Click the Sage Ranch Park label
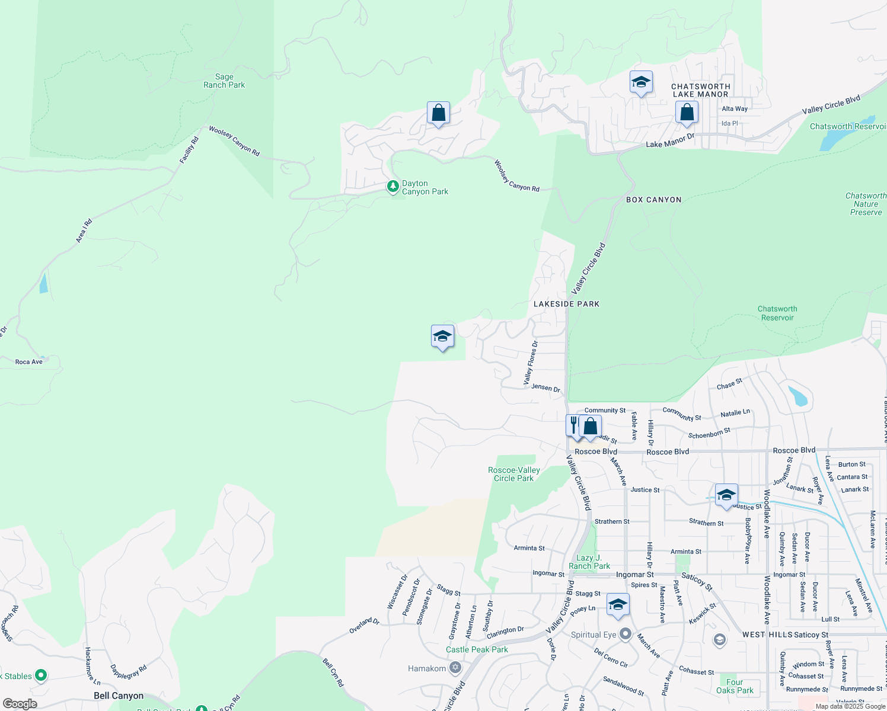pos(224,81)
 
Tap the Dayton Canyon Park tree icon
pos(393,187)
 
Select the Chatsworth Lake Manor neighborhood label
pos(700,91)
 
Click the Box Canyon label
pos(653,200)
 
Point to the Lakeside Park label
pos(566,304)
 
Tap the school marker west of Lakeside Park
pos(442,337)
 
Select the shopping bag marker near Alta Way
pos(687,112)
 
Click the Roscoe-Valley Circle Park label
pos(513,474)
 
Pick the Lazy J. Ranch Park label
pos(589,562)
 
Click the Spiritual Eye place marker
pos(626,635)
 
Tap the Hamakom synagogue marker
pos(455,668)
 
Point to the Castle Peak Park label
pos(477,650)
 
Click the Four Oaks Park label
pos(735,686)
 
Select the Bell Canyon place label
pos(119,696)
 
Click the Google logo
pos(20,704)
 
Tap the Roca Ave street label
pos(29,362)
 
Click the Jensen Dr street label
pos(545,388)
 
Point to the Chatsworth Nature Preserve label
pos(866,204)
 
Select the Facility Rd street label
pos(189,150)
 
